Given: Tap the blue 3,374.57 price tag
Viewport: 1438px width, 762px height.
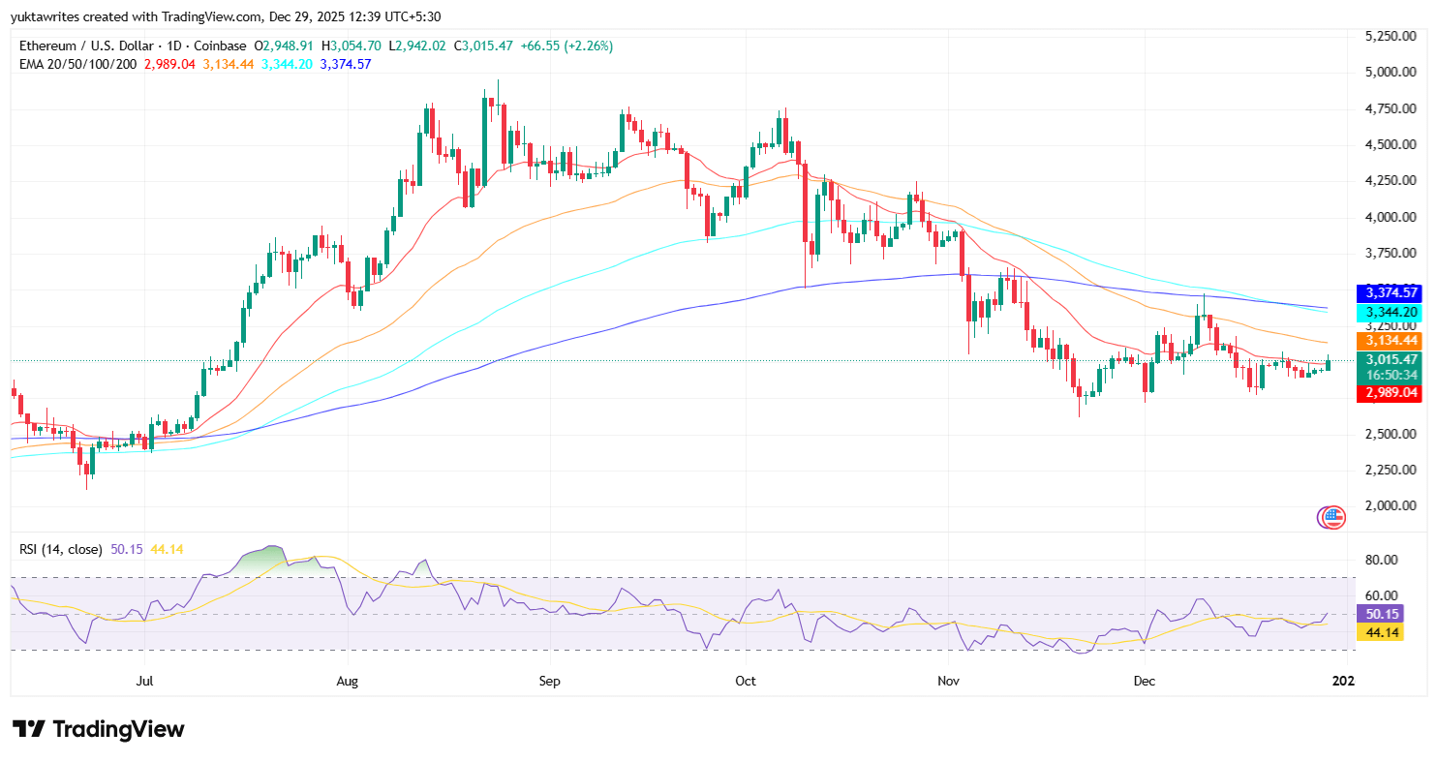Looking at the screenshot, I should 1390,292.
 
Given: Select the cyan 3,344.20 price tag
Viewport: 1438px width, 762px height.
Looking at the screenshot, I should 1390,312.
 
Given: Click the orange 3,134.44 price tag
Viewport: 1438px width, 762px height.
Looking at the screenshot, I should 1390,341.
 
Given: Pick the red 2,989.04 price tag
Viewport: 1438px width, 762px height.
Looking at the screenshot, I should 1390,393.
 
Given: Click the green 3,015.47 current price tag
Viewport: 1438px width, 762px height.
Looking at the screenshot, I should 1390,359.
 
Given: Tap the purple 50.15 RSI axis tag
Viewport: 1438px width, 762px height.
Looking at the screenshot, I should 1379,613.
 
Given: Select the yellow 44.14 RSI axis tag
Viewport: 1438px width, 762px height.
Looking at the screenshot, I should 1379,632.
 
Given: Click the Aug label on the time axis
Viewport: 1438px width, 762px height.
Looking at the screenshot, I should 348,681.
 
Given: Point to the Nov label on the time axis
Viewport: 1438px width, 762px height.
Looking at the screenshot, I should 949,681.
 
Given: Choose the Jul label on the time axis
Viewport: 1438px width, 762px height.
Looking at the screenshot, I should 145,681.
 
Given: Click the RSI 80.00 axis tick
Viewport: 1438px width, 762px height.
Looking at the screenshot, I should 1379,560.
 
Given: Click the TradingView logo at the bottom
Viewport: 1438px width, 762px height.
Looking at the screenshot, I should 98,729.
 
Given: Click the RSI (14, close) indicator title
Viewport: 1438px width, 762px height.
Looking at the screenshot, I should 61,549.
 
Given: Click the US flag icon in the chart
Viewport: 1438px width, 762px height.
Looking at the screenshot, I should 1334,517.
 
